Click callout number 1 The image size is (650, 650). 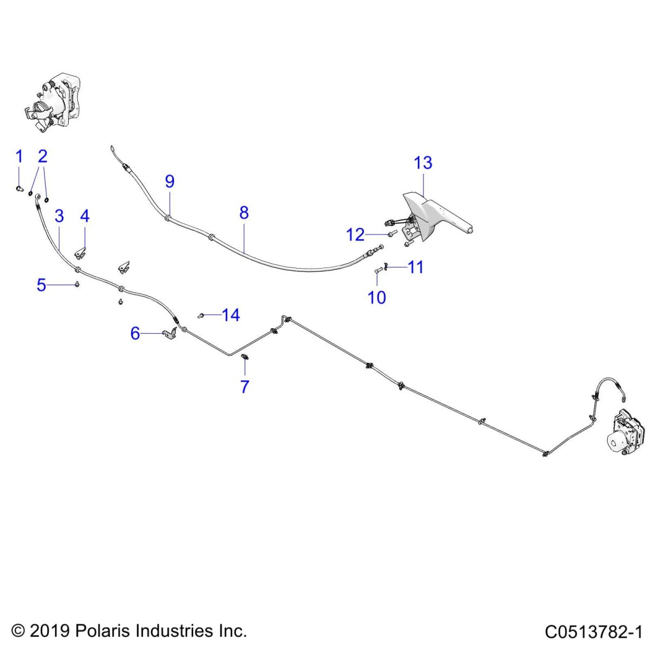pyautogui.click(x=19, y=157)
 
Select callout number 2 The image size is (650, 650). pyautogui.click(x=42, y=157)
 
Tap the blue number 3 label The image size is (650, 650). pyautogui.click(x=60, y=216)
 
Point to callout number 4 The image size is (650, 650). pyautogui.click(x=84, y=216)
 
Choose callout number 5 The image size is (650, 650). pyautogui.click(x=41, y=285)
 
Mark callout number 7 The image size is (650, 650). pyautogui.click(x=245, y=387)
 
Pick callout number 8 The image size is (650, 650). pyautogui.click(x=244, y=213)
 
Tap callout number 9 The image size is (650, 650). pyautogui.click(x=170, y=181)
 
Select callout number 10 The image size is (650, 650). pyautogui.click(x=376, y=297)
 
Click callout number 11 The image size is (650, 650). pyautogui.click(x=415, y=267)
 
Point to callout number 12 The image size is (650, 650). pyautogui.click(x=355, y=235)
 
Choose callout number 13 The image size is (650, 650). pyautogui.click(x=423, y=162)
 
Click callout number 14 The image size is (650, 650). pyautogui.click(x=231, y=315)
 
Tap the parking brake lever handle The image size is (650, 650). pyautogui.click(x=439, y=216)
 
